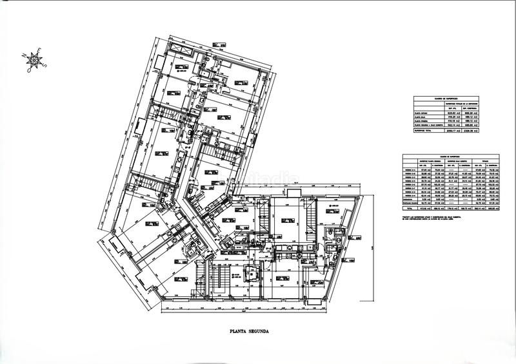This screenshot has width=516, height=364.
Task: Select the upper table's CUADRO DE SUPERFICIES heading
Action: coord(446,99)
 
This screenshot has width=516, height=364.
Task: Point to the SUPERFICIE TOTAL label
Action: coord(425,131)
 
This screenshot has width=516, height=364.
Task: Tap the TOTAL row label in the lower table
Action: coord(408,209)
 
